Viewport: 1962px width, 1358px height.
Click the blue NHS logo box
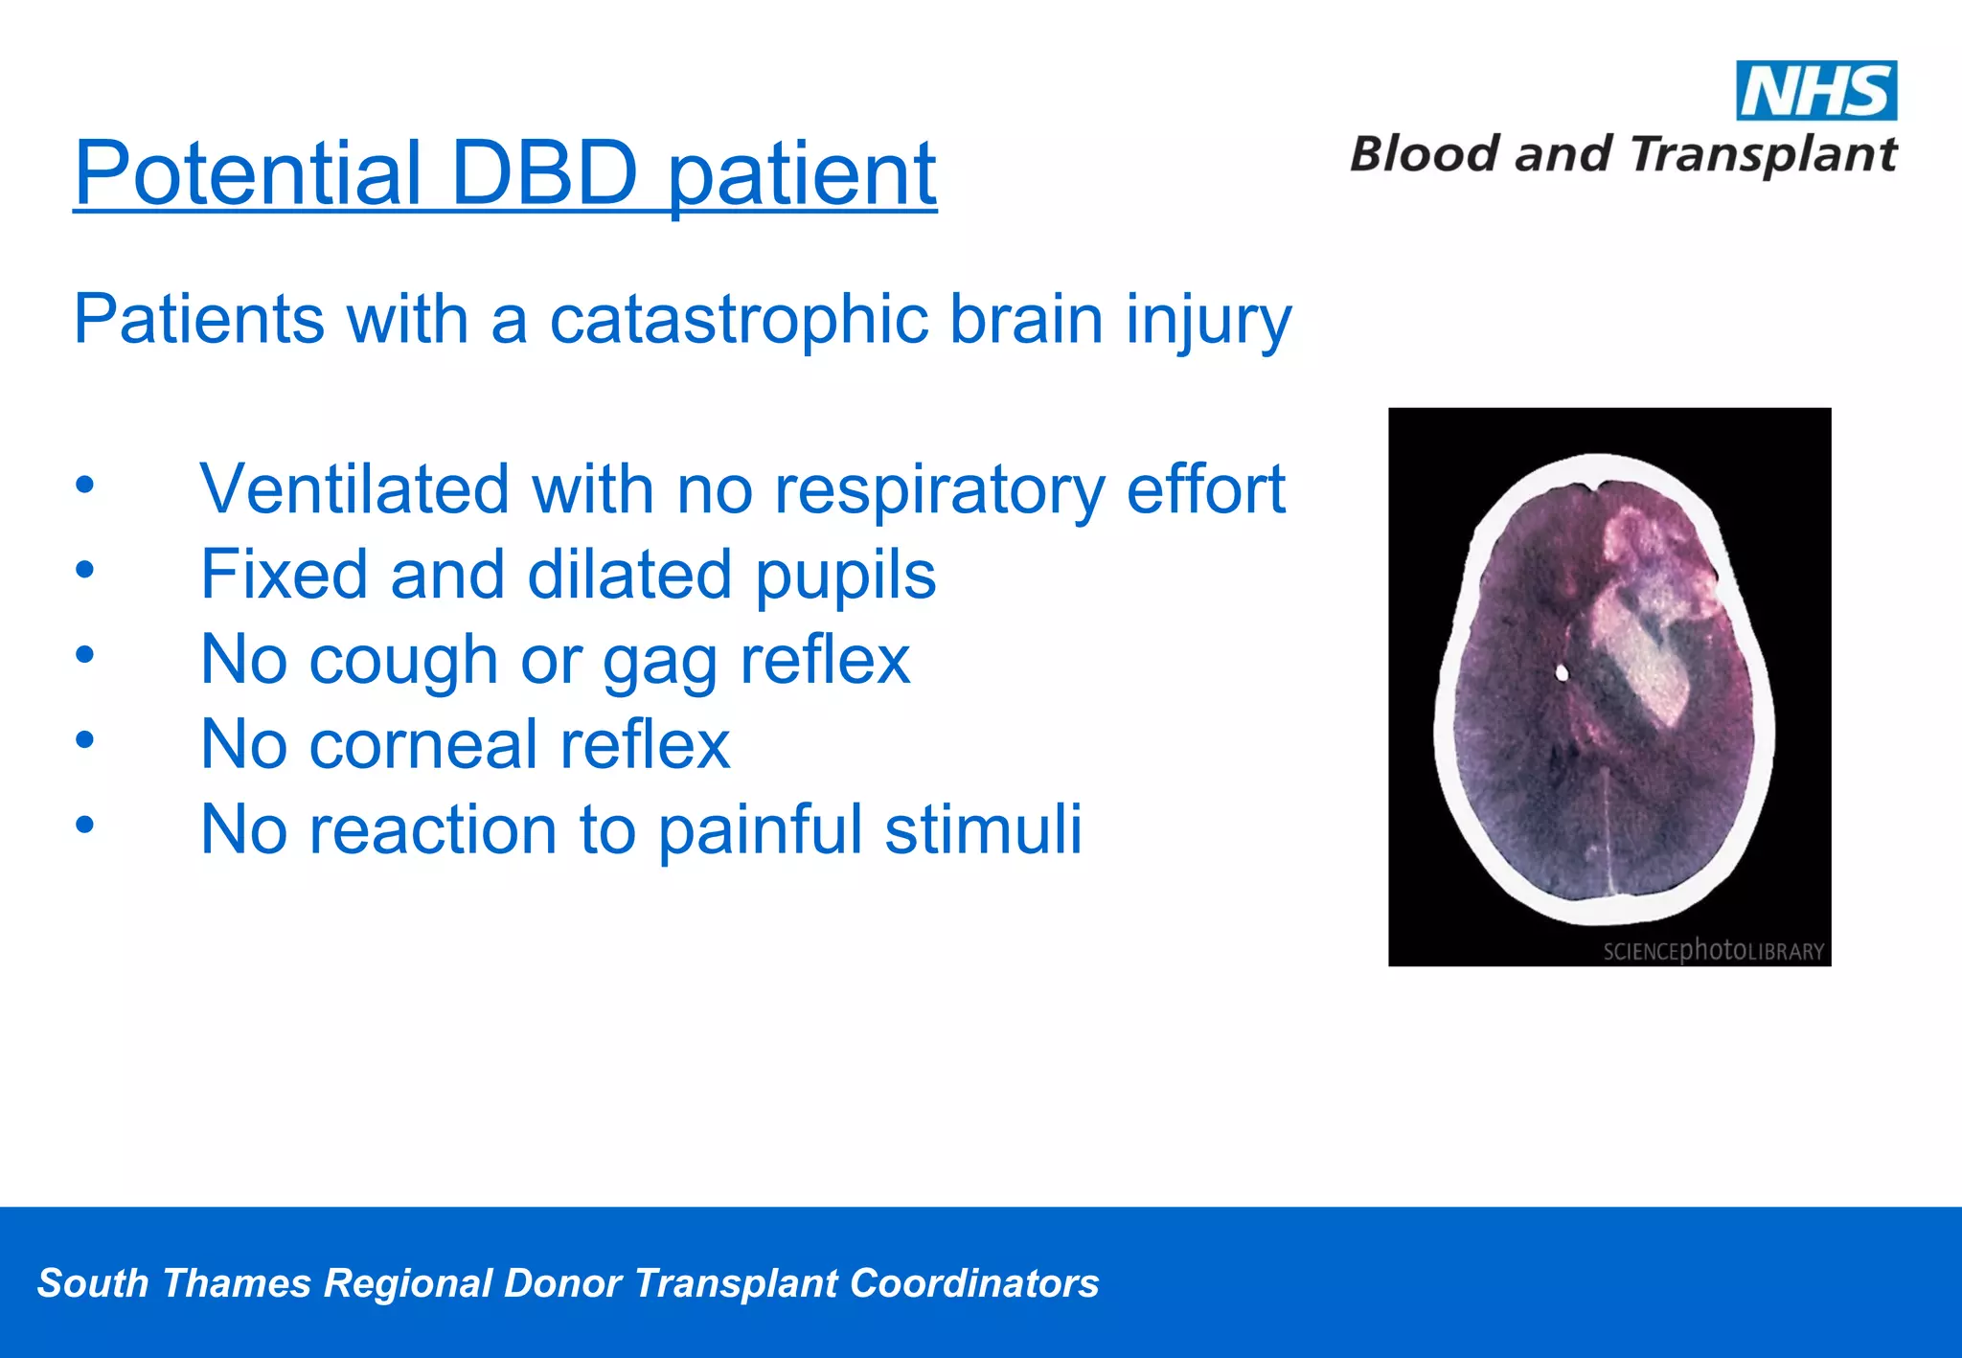1815,91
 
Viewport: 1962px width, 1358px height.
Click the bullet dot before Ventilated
85,485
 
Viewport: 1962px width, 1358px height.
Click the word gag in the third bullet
660,661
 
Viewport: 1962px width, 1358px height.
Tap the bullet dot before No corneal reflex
85,739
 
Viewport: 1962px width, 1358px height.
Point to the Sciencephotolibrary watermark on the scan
1713,950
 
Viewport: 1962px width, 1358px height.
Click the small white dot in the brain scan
1562,673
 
